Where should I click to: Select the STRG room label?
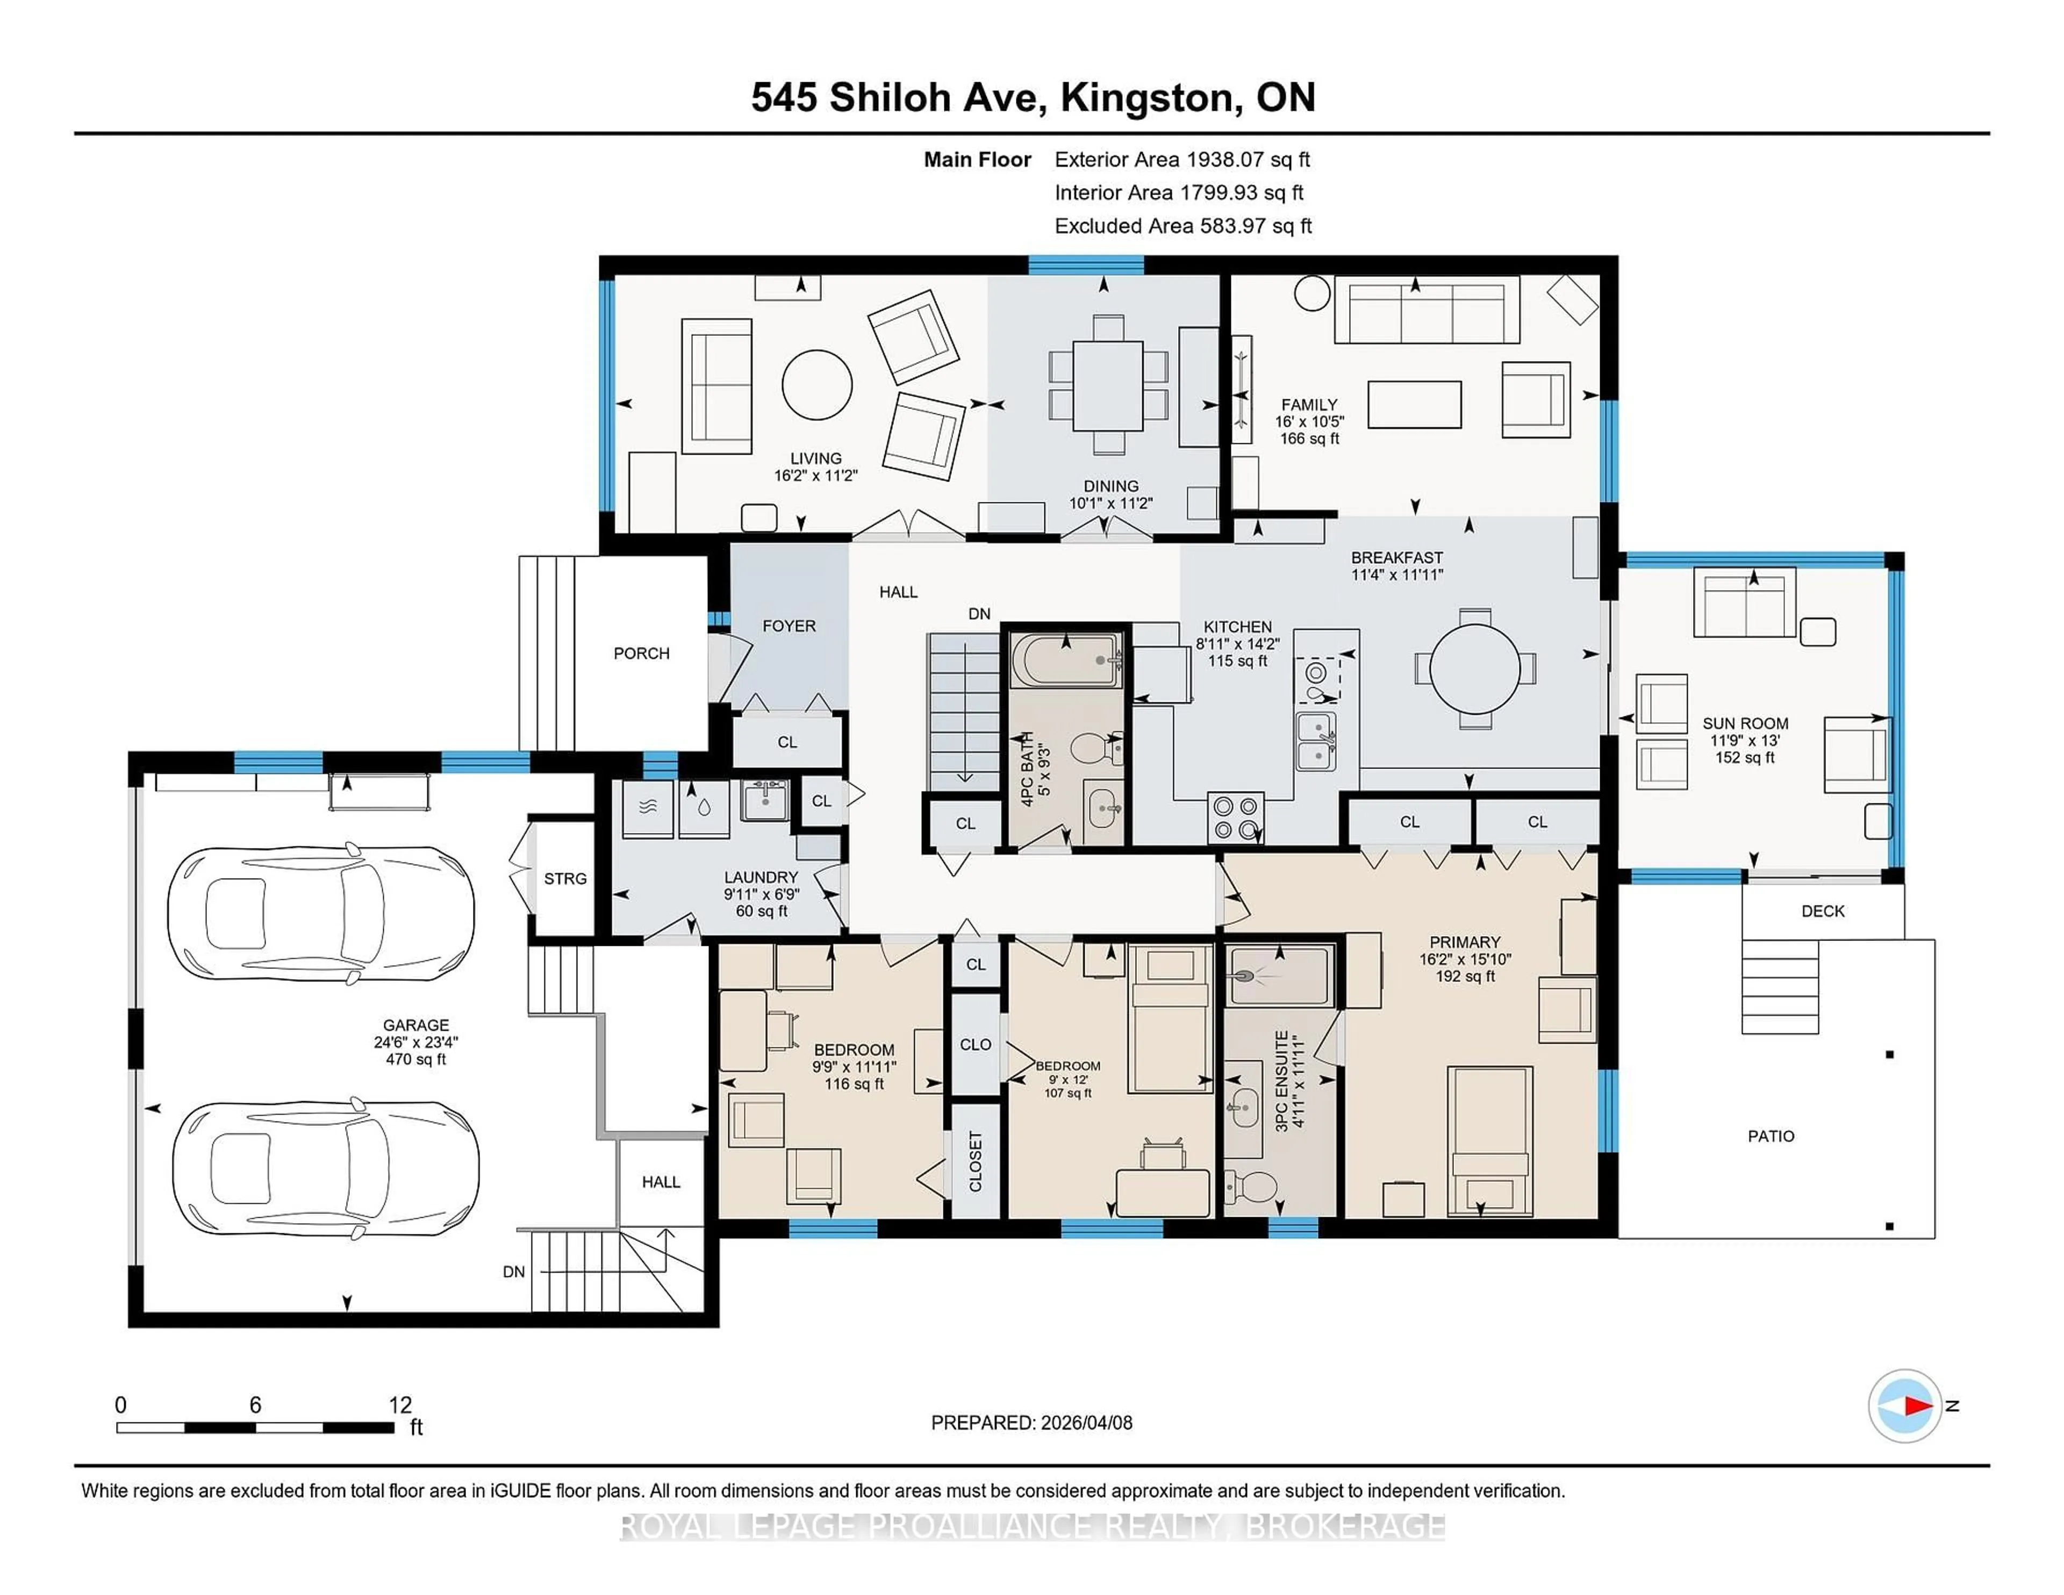(x=565, y=879)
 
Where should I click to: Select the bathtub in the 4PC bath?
(x=1065, y=660)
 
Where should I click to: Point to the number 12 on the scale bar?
(x=400, y=1405)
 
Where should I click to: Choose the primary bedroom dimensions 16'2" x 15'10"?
(x=1464, y=959)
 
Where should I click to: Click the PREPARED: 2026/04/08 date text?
(x=1031, y=1423)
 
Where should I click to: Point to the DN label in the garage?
(x=513, y=1272)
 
